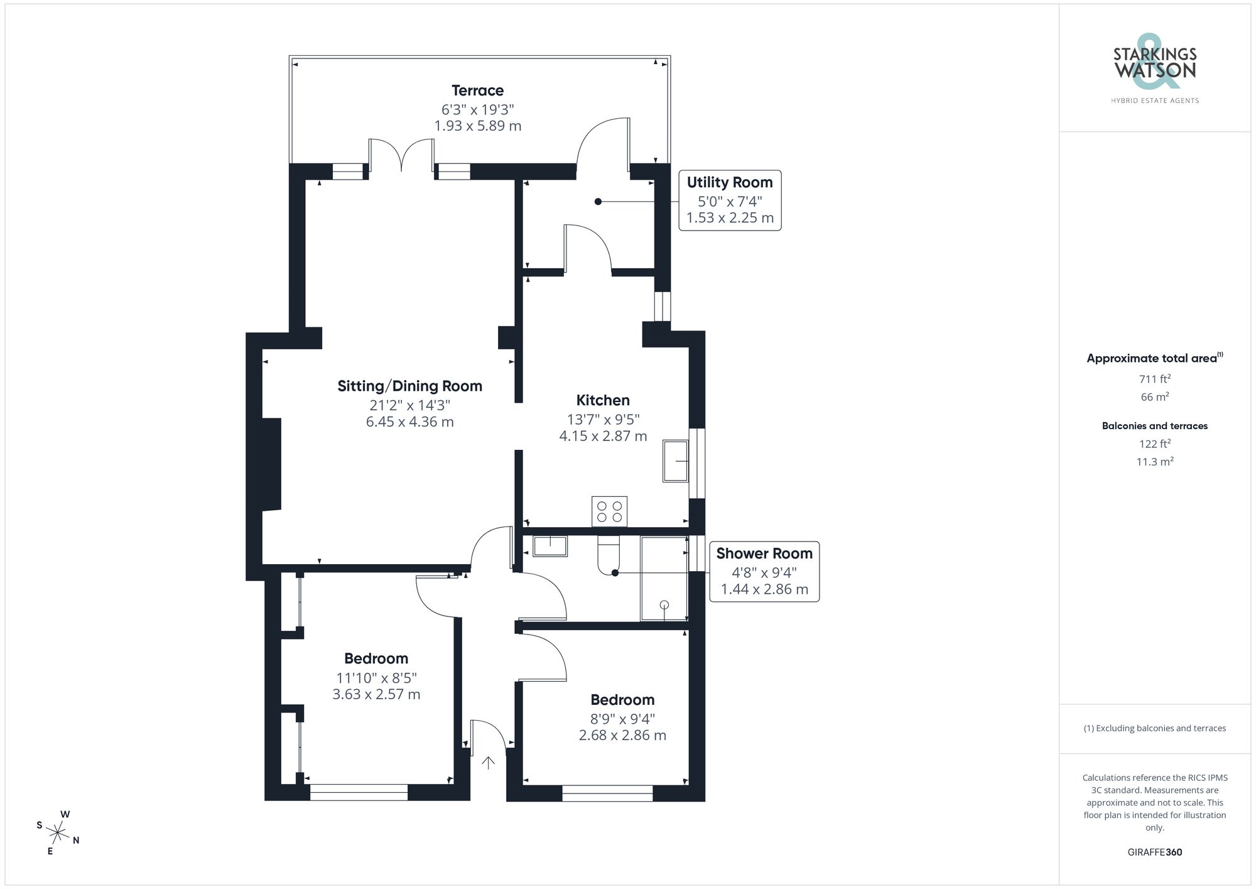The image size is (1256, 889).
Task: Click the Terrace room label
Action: [477, 91]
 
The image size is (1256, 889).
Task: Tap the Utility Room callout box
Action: [730, 200]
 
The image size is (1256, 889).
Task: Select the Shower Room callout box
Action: [764, 572]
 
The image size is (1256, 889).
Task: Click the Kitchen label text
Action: [603, 400]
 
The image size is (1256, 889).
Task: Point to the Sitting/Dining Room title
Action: [409, 386]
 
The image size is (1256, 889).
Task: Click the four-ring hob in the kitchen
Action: [609, 511]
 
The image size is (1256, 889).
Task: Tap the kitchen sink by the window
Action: [675, 461]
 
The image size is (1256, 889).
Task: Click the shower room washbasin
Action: [550, 546]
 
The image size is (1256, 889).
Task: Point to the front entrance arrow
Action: [488, 763]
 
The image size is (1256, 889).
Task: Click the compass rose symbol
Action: [58, 834]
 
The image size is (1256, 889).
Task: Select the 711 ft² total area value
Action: [1154, 379]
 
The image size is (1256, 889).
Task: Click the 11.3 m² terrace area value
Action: [1154, 462]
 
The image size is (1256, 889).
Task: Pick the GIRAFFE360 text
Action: [1154, 852]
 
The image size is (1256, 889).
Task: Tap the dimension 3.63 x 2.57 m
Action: [376, 694]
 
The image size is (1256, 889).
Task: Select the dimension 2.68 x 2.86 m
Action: [622, 735]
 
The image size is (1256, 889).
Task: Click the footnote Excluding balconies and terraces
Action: [1154, 728]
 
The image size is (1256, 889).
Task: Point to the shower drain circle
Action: [664, 605]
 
